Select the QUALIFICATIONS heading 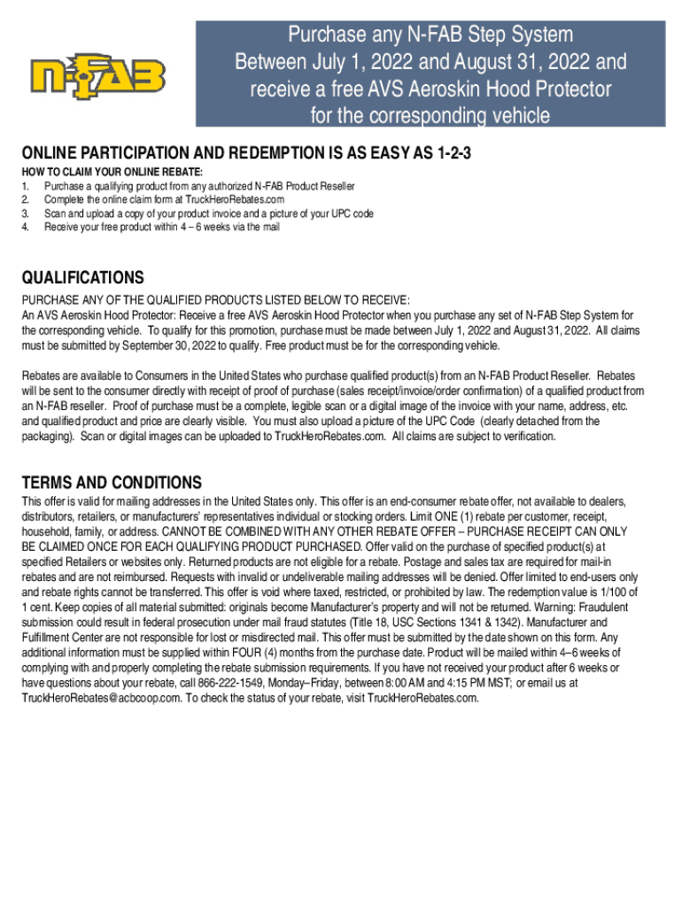83,278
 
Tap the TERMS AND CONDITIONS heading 112,483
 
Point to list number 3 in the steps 26,213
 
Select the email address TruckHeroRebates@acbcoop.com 101,698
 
